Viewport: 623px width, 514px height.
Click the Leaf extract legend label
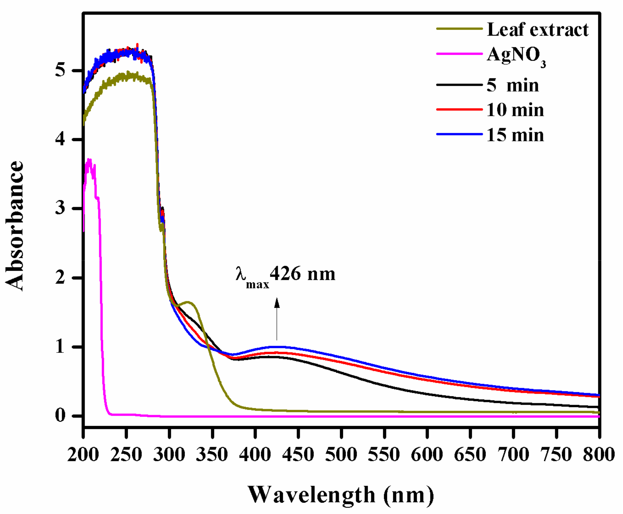pyautogui.click(x=537, y=30)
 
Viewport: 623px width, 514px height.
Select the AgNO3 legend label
pyautogui.click(x=516, y=56)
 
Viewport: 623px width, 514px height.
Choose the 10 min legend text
pyautogui.click(x=515, y=110)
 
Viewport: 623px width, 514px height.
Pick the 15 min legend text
pyautogui.click(x=515, y=135)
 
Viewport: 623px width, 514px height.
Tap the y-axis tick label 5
pyautogui.click(x=60, y=71)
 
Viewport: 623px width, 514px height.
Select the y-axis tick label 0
pyautogui.click(x=60, y=416)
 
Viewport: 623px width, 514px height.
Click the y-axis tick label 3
pyautogui.click(x=60, y=208)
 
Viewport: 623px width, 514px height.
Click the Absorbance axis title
pyautogui.click(x=14, y=226)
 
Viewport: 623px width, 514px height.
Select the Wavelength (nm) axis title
pyautogui.click(x=341, y=495)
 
